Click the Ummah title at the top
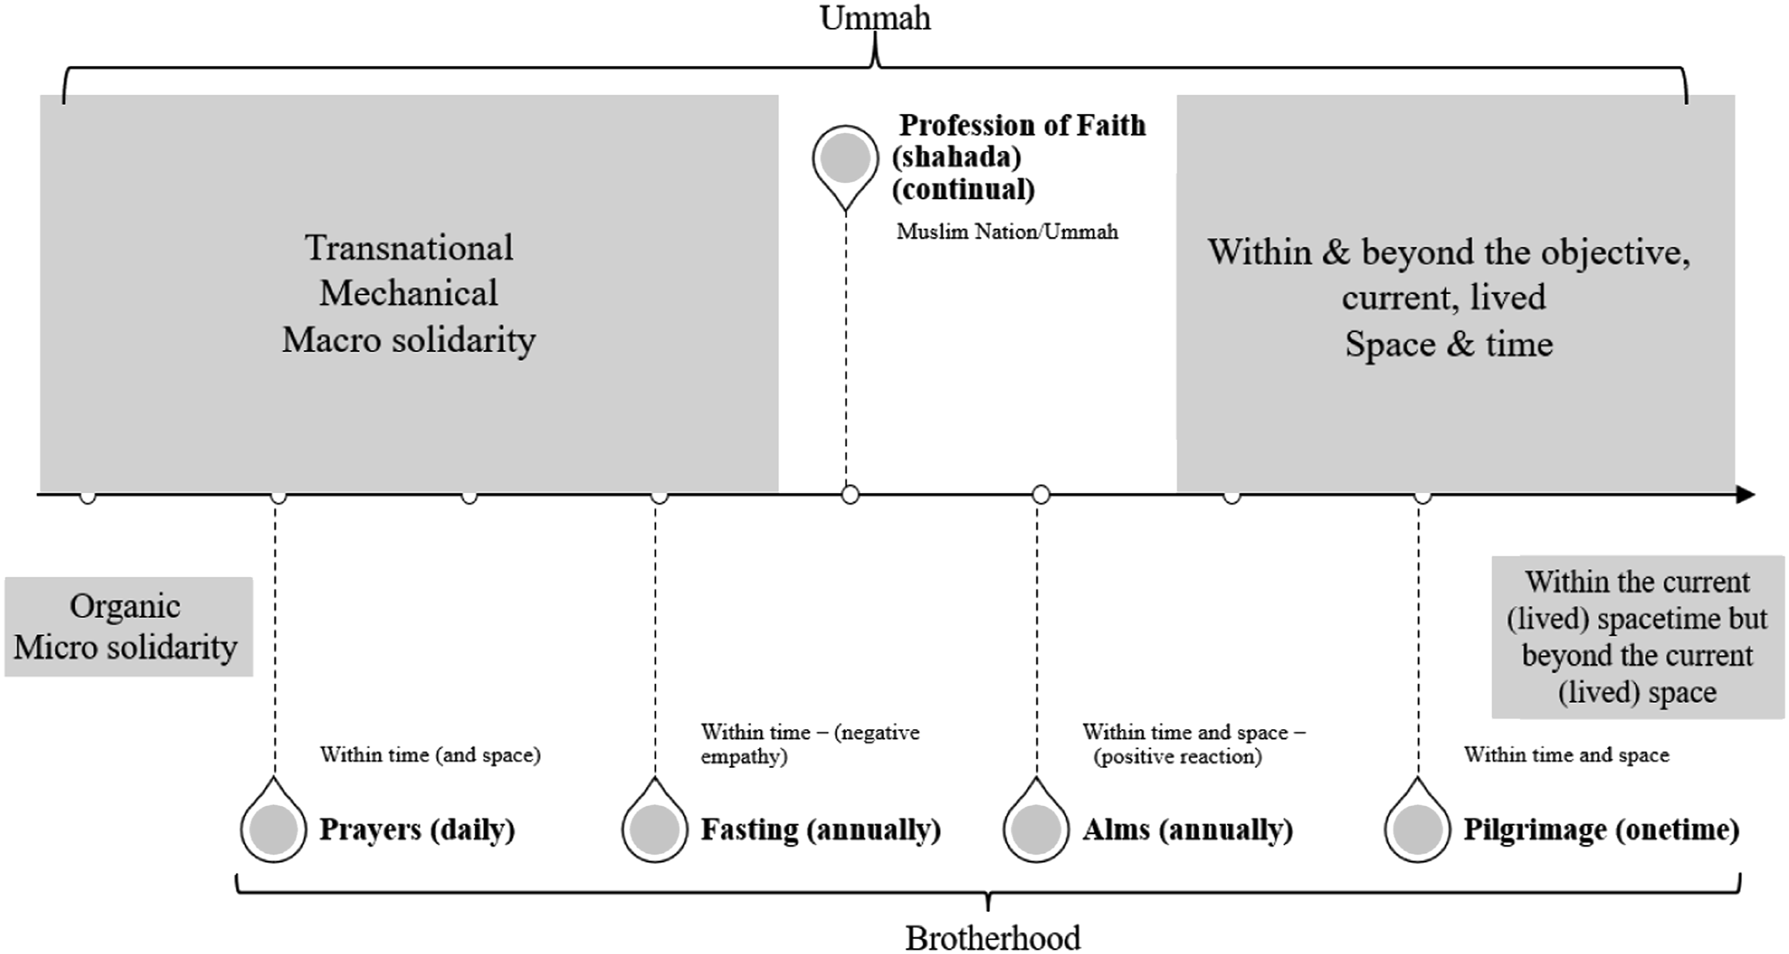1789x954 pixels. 875,18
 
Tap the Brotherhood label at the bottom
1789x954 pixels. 993,938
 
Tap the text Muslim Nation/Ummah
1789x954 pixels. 1007,231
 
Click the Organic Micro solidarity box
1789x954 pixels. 128,626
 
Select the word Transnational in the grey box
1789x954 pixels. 409,248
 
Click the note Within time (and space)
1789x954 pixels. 430,755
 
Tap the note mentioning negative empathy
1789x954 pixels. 810,744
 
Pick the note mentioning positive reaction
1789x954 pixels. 1194,744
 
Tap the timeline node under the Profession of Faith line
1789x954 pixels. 850,495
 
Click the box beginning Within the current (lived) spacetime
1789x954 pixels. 1638,637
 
